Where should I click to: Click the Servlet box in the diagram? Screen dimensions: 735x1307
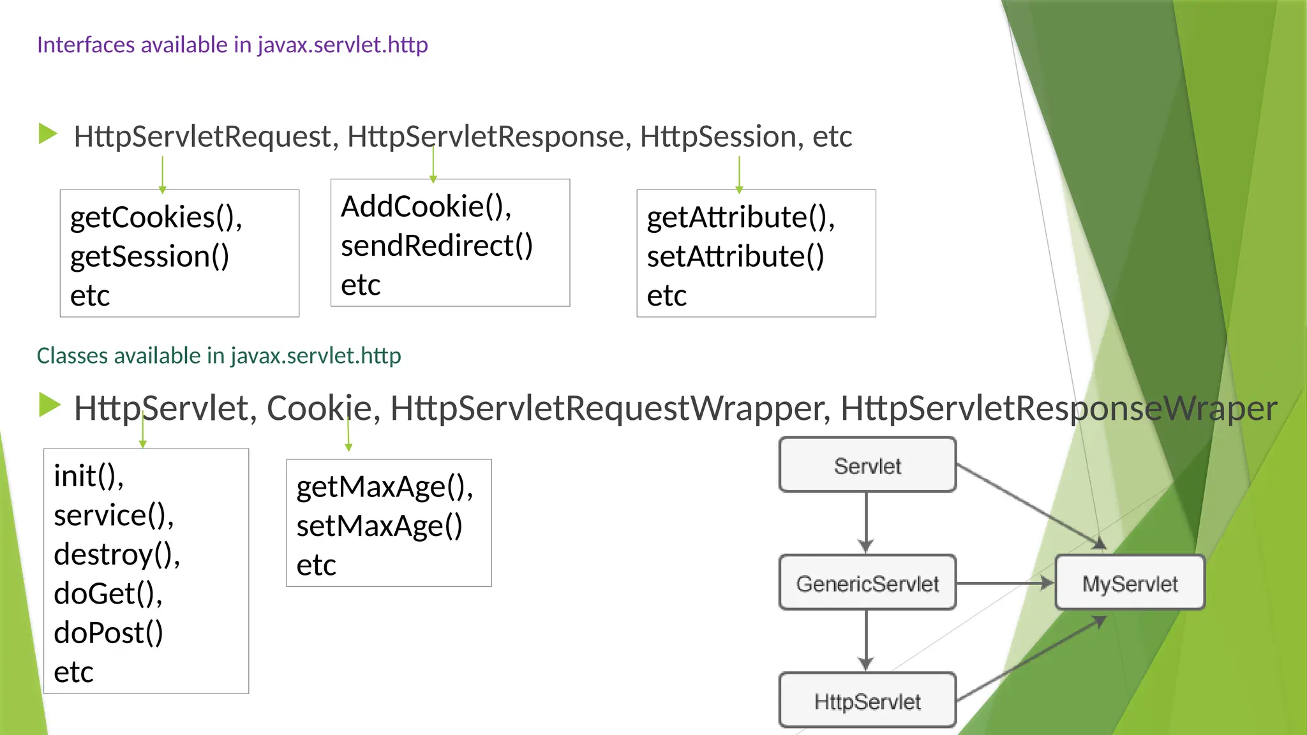pos(867,465)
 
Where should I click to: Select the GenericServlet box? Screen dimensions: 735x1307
pos(867,583)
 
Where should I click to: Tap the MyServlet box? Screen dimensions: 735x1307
pos(1130,583)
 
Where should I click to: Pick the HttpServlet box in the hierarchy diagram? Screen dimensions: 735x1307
pos(867,701)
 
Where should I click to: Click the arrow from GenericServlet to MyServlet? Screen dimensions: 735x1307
pos(1005,583)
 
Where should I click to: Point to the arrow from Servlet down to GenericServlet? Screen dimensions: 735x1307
pos(866,522)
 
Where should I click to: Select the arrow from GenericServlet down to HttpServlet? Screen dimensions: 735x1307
pos(866,640)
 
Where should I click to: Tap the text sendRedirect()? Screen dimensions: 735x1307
pos(437,246)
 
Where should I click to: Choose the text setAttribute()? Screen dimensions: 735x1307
pos(735,256)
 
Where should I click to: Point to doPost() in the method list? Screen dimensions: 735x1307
pos(108,633)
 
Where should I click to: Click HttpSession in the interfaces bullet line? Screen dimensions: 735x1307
pos(718,137)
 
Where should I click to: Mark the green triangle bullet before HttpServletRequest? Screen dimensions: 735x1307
pos(48,134)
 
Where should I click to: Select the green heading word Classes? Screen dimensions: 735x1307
pos(73,355)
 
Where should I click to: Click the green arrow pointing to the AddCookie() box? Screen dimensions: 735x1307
pos(433,165)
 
